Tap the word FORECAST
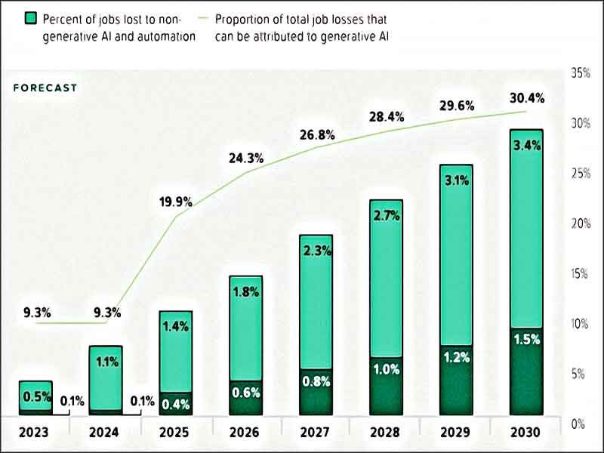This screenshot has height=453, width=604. tap(45, 88)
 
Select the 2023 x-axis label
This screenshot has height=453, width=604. tap(35, 433)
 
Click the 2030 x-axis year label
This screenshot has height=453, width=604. tap(526, 433)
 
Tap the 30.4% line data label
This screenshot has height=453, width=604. tap(526, 97)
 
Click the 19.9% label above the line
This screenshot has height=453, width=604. tap(175, 202)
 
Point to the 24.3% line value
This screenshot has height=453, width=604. tap(246, 159)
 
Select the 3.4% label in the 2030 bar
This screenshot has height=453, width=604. tap(526, 146)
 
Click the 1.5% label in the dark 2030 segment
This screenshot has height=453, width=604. tap(526, 340)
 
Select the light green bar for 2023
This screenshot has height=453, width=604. tap(35, 394)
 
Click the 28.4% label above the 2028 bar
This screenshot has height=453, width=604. tap(386, 117)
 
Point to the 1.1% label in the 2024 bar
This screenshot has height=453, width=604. tap(106, 362)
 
